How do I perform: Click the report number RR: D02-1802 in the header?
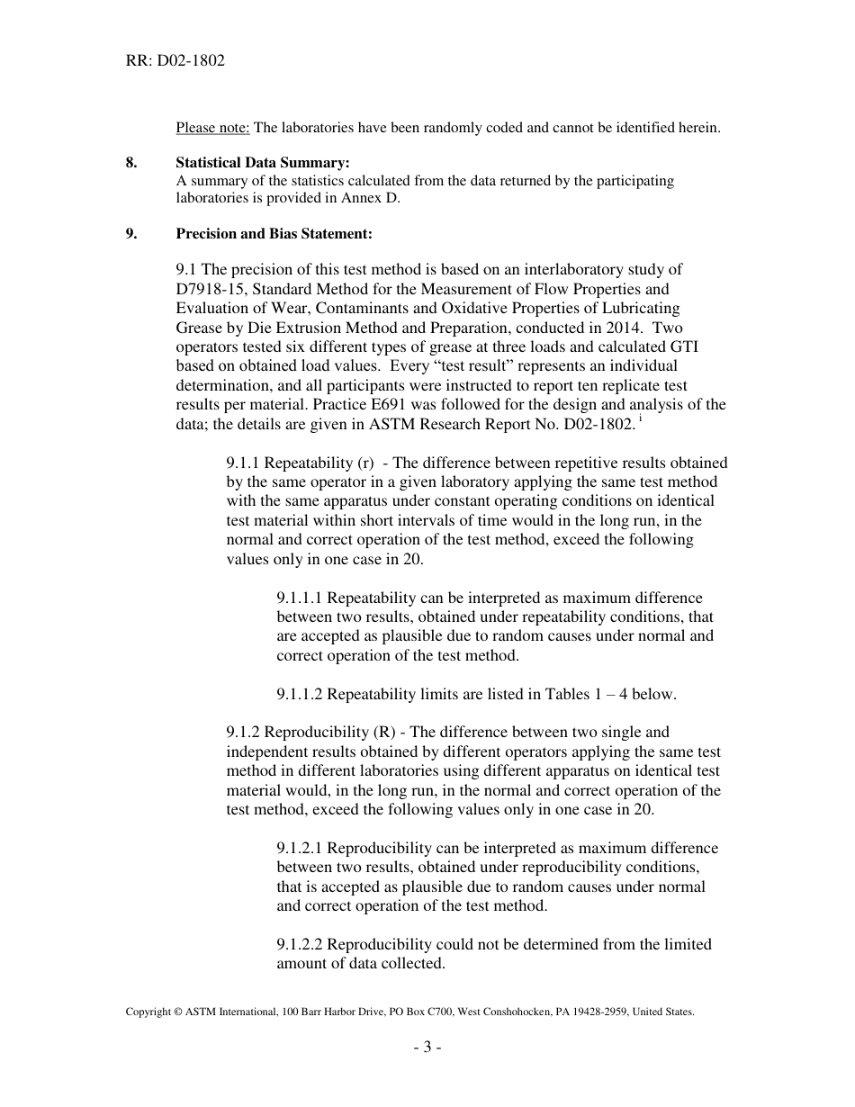click(x=175, y=61)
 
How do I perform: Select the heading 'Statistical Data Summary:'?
click(x=249, y=163)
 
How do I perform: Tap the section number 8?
click(x=131, y=163)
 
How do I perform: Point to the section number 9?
click(x=131, y=234)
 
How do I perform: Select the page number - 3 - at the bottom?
click(x=427, y=1048)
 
